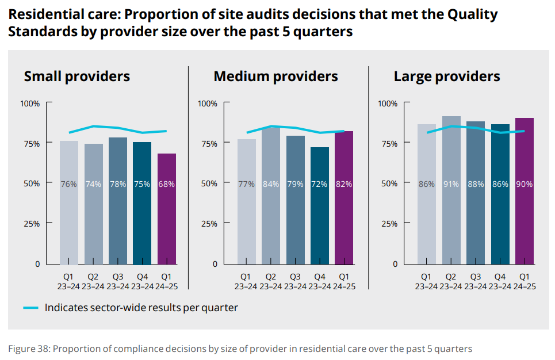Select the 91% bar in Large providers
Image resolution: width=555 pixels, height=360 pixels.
[x=451, y=196]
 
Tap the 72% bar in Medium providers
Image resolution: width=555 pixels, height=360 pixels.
[x=320, y=213]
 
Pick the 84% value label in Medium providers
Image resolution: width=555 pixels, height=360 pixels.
[x=271, y=185]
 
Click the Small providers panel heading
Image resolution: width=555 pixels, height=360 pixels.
[x=77, y=76]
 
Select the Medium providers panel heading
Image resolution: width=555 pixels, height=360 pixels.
[x=275, y=76]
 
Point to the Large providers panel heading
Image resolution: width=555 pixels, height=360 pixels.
[x=447, y=76]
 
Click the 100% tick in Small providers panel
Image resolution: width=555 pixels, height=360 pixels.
[x=30, y=104]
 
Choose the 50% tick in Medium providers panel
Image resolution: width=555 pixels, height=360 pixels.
[x=208, y=183]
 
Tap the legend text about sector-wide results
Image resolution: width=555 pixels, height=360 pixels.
[x=141, y=308]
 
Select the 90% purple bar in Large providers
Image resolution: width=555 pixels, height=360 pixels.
[x=525, y=196]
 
